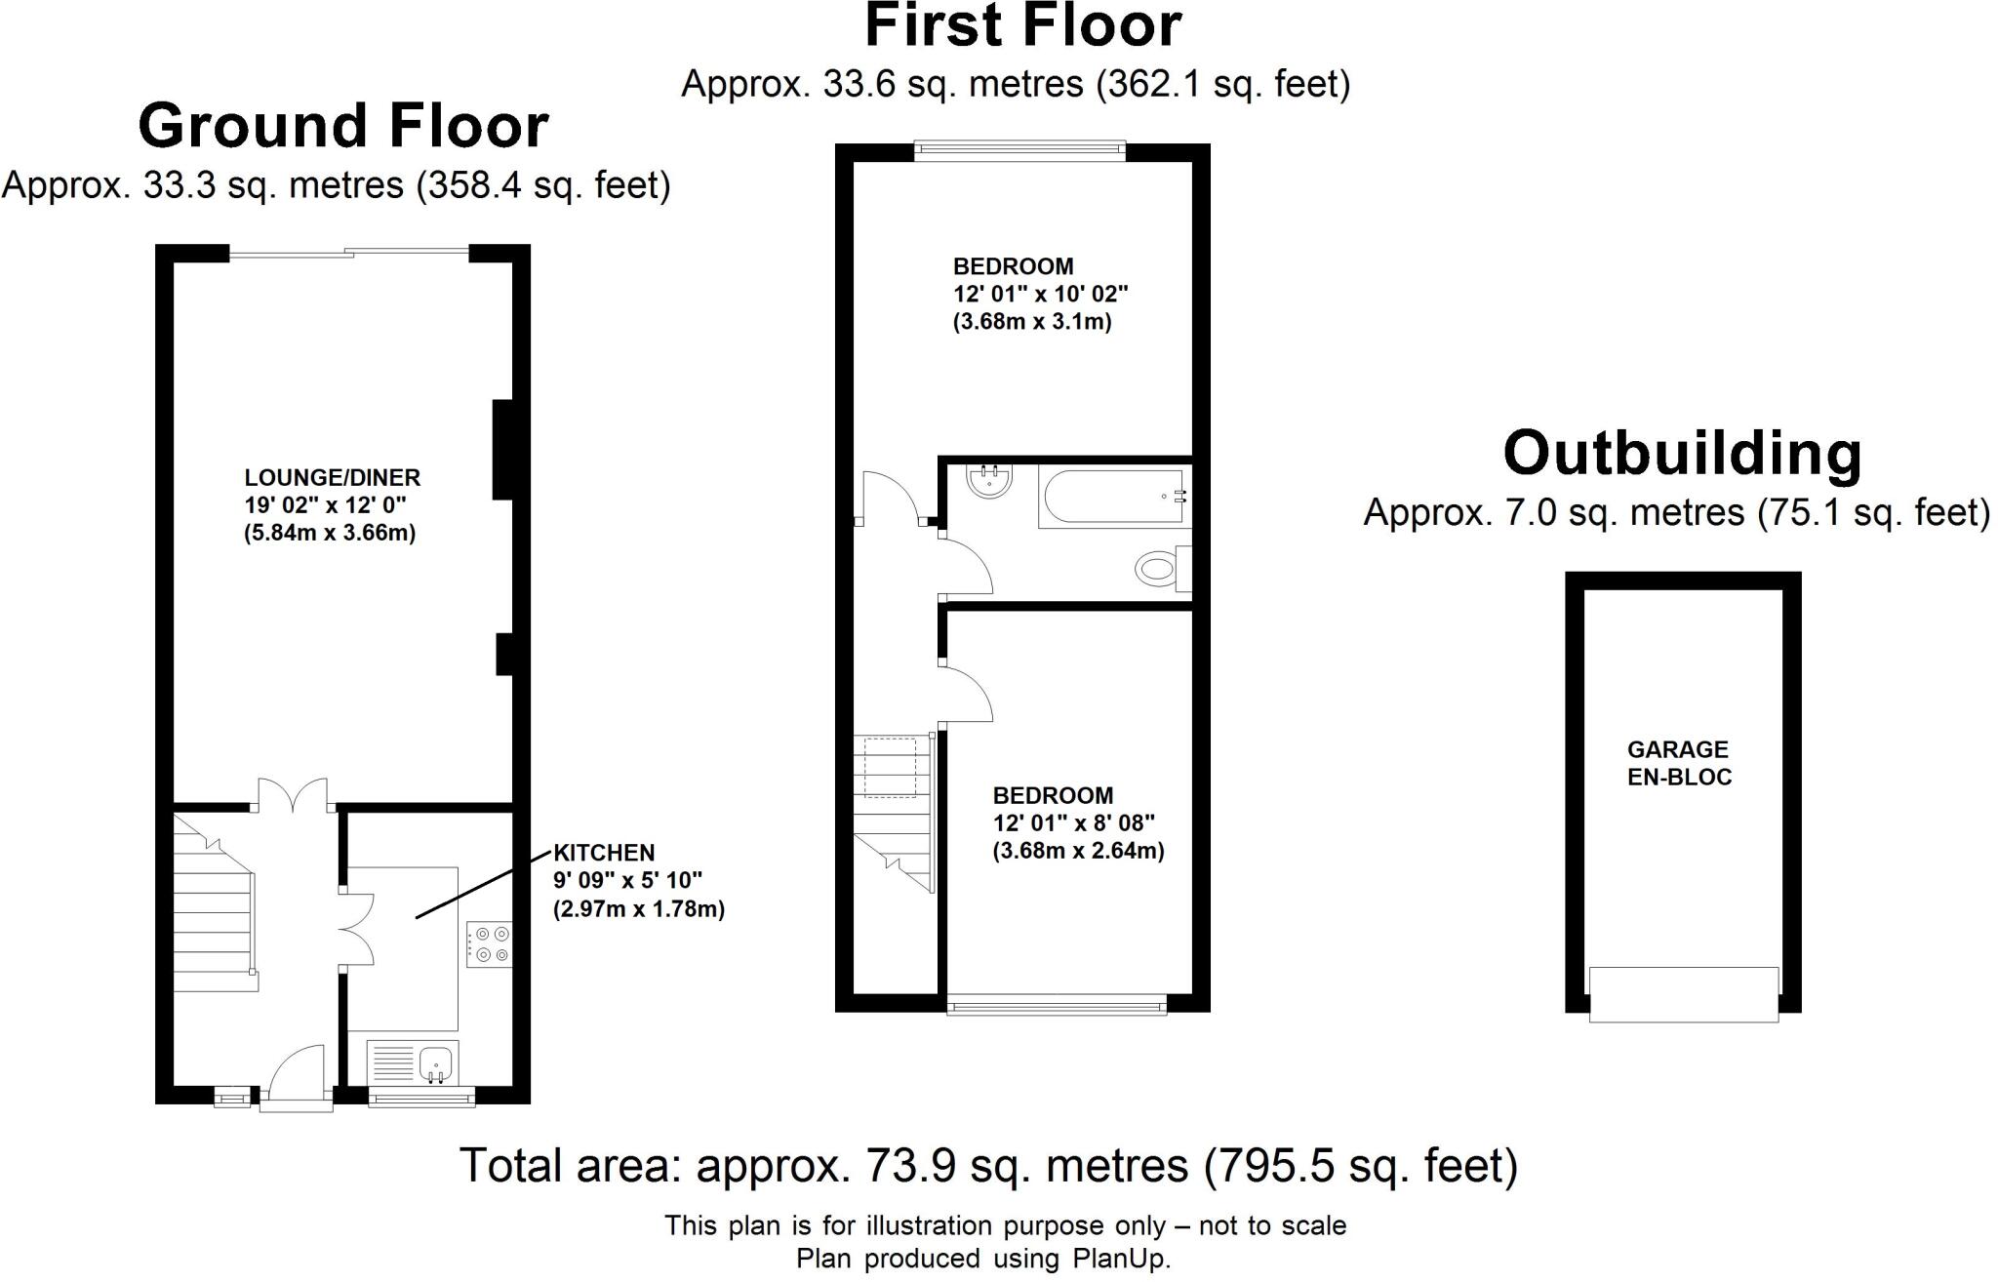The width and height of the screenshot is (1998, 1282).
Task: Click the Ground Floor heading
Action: [343, 127]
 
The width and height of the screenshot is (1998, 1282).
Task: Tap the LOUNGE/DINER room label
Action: [332, 478]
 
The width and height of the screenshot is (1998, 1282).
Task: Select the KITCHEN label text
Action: [604, 853]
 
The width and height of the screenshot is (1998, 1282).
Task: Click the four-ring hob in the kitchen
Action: [489, 944]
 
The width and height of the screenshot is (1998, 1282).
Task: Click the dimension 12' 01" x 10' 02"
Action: [1040, 294]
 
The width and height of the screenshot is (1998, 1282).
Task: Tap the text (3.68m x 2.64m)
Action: [1078, 851]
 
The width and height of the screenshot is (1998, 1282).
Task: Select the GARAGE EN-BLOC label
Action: [1679, 763]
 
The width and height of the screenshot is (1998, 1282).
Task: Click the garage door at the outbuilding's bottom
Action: [1683, 994]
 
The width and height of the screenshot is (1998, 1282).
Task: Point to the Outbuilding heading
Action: [1682, 454]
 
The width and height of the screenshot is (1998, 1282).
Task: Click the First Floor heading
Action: [1022, 26]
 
